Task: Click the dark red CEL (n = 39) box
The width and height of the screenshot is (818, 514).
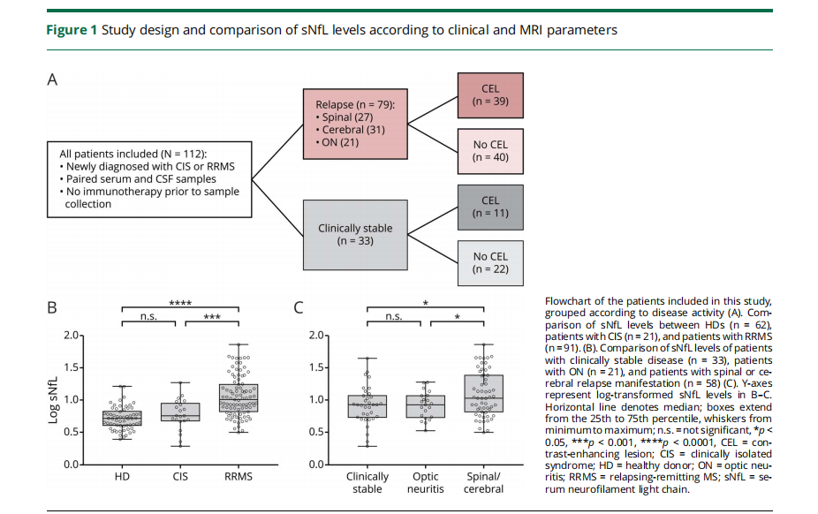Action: (490, 95)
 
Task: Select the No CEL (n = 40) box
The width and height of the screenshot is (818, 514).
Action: (490, 151)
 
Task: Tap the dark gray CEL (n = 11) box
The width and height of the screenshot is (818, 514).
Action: (490, 207)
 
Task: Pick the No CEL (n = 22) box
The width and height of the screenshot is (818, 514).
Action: (490, 262)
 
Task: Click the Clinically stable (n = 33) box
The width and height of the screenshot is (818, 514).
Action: (355, 235)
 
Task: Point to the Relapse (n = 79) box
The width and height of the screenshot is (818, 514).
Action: (355, 124)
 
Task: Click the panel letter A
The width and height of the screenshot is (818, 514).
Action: (52, 79)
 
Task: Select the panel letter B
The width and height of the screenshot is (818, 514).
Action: (52, 307)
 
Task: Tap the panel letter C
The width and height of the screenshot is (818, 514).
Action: (299, 307)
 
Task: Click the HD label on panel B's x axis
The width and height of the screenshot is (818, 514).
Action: (122, 477)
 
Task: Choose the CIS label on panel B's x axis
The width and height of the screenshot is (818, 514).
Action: (180, 477)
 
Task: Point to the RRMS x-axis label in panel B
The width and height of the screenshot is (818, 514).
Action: (239, 477)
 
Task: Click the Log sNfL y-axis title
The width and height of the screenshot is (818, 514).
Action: (53, 400)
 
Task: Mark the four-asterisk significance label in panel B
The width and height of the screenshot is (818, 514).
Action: (180, 303)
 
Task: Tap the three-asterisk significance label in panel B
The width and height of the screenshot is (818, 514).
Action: (212, 316)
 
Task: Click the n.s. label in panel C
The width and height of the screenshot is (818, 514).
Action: (394, 316)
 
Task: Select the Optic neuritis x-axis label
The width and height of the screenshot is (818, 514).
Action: (426, 483)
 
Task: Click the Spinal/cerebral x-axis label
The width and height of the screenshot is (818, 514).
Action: (483, 483)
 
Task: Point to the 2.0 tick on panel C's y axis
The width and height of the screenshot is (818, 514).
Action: (316, 336)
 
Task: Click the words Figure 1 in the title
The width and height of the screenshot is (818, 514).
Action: (72, 30)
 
